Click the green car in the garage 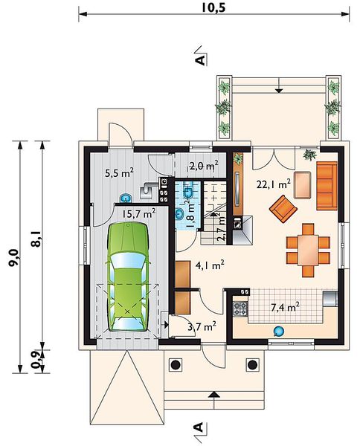tap(128, 277)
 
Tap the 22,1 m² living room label tap(273, 184)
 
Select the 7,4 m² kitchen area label tap(285, 307)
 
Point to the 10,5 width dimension tap(213, 7)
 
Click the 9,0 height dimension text tap(13, 257)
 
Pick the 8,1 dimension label tap(36, 239)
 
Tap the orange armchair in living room tap(283, 209)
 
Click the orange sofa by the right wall tap(327, 186)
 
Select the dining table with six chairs tap(308, 251)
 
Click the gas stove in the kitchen tap(240, 308)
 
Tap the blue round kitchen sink tap(278, 331)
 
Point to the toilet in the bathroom tap(188, 190)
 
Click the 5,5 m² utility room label tap(119, 172)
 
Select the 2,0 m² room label tap(204, 165)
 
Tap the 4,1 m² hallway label tap(210, 265)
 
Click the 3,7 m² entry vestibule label tap(202, 326)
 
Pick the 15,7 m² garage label tap(139, 213)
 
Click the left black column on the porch tap(175, 364)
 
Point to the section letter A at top tap(201, 60)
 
